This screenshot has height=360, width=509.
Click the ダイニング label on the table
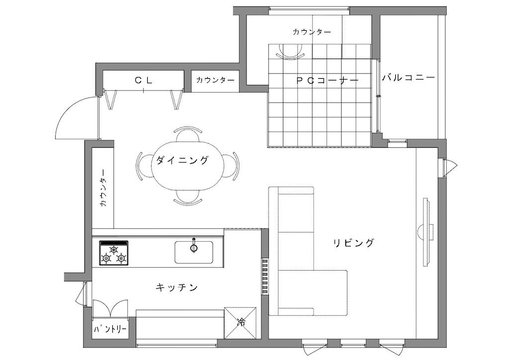[182, 160]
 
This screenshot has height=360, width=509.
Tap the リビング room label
[354, 243]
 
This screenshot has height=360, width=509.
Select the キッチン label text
[177, 287]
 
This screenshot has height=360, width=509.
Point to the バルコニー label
[409, 78]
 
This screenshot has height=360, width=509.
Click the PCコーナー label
[328, 81]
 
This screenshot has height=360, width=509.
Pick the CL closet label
[144, 80]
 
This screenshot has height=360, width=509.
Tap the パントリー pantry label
[110, 330]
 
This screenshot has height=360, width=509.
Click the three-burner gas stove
[114, 254]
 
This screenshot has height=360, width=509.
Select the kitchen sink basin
[194, 252]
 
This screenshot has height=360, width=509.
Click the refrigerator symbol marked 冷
[240, 323]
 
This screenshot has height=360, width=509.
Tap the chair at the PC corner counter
[291, 51]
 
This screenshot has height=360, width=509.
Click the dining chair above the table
[188, 133]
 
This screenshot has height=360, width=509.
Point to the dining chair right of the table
[232, 165]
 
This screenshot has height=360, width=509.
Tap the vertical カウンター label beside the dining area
[103, 188]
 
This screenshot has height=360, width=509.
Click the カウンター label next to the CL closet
[216, 80]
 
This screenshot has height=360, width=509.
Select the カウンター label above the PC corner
[312, 32]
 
